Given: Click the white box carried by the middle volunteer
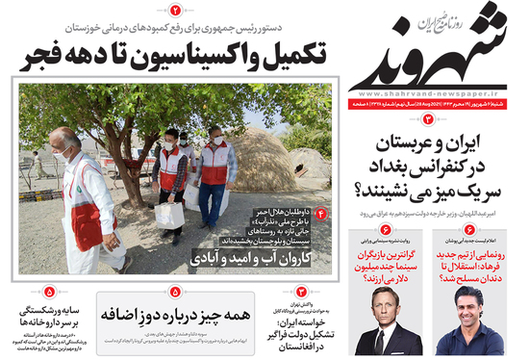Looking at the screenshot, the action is pyautogui.click(x=170, y=213).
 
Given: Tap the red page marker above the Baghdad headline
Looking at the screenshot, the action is pyautogui.click(x=428, y=118).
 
